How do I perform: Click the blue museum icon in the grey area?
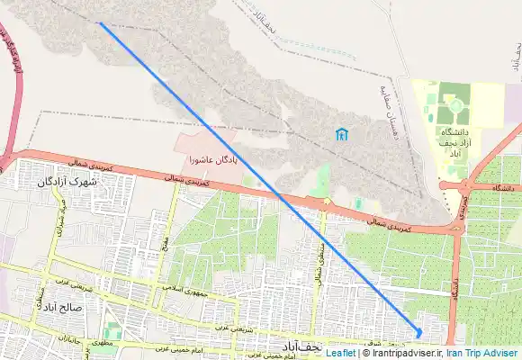pyautogui.click(x=341, y=135)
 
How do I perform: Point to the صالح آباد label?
pyautogui.click(x=61, y=306)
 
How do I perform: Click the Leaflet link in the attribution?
pyautogui.click(x=340, y=354)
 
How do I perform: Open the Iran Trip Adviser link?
pyautogui.click(x=481, y=354)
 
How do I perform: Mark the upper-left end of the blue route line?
pyautogui.click(x=99, y=23)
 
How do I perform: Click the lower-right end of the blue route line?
pyautogui.click(x=418, y=334)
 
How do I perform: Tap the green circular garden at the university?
pyautogui.click(x=456, y=106)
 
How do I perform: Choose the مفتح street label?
pyautogui.click(x=166, y=243)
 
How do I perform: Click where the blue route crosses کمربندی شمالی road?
pyautogui.click(x=279, y=195)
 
